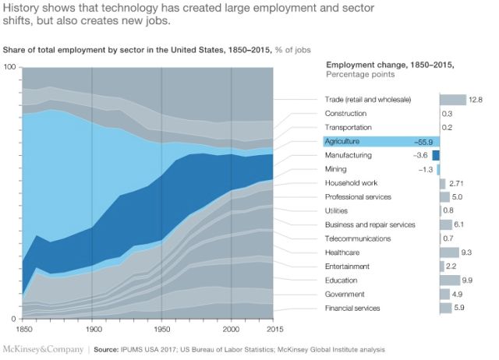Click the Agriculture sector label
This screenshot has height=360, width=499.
pos(343,142)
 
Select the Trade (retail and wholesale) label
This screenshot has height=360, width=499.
pos(367,100)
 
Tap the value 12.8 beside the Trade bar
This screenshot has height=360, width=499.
pos(476,100)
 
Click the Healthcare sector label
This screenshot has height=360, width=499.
pos(342,252)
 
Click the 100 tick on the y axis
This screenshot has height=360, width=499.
pos(10,67)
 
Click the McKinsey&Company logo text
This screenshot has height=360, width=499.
pos(43,349)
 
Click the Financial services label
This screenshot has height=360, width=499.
pos(352,309)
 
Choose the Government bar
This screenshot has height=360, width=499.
pos(444,295)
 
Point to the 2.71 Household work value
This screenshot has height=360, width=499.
pos(458,183)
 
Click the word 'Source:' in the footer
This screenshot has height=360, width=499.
pos(108,349)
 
